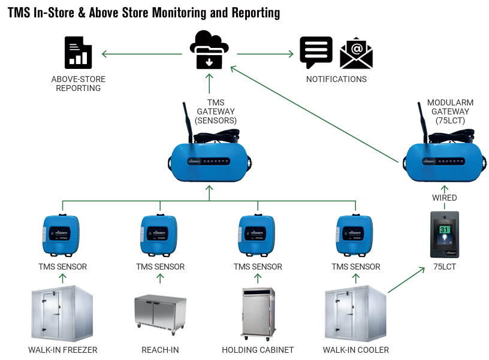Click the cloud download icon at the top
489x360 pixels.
209,50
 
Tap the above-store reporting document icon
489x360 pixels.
78,52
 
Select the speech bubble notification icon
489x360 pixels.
316,53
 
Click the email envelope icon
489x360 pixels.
356,54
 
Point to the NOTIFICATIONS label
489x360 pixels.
336,79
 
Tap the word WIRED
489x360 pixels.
445,198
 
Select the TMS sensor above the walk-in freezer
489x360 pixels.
62,235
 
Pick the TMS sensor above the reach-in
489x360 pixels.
159,235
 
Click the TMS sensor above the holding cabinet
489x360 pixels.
257,235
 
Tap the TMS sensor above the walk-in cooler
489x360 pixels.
355,235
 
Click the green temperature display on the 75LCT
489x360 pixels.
445,229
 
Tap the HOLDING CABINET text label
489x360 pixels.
258,350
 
